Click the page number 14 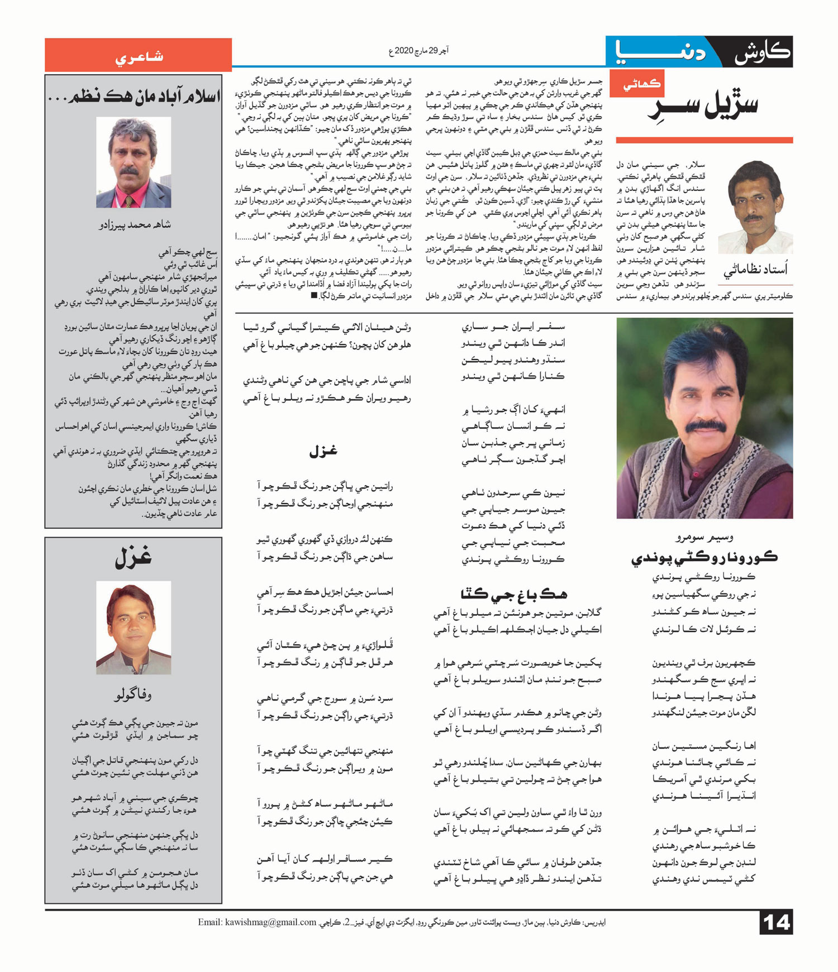point(776,922)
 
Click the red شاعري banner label point(139,56)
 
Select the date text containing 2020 point(418,51)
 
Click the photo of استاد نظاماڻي point(755,207)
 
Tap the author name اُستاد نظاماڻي point(755,271)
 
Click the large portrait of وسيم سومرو point(704,418)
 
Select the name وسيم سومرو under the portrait point(704,537)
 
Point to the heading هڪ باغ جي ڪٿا point(513,593)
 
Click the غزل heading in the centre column point(323,451)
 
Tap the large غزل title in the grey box point(134,558)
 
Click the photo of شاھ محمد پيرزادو point(134,162)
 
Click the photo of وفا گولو point(134,628)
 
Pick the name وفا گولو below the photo point(133,695)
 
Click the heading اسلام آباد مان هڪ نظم point(134,96)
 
